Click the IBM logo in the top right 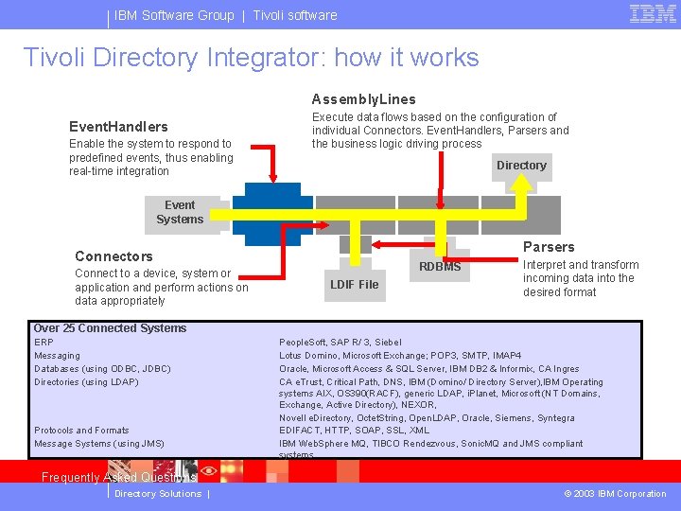click(x=652, y=14)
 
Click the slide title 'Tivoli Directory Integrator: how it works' click(x=252, y=58)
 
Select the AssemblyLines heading click(x=363, y=99)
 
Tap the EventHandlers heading click(x=118, y=127)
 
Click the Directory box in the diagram click(x=521, y=165)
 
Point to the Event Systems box click(x=179, y=212)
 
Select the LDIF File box click(x=355, y=284)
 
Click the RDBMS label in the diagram click(x=440, y=267)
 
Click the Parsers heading click(x=549, y=247)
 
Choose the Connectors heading click(x=113, y=256)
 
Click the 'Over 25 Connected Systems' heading click(x=110, y=328)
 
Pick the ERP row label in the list click(x=44, y=342)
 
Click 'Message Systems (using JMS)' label click(x=98, y=443)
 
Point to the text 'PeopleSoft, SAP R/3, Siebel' click(x=340, y=342)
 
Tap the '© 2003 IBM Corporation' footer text click(x=615, y=494)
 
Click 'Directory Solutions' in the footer click(x=157, y=494)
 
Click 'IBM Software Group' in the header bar click(x=174, y=15)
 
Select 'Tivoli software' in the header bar click(x=294, y=15)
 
